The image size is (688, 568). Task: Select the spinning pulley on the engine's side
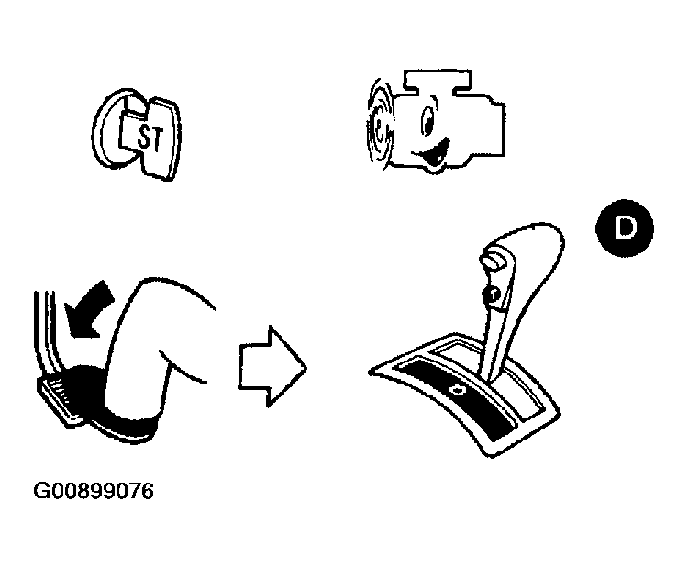pyautogui.click(x=379, y=124)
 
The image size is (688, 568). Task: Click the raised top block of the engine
pyautogui.click(x=438, y=82)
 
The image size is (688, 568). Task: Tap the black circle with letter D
pyautogui.click(x=625, y=228)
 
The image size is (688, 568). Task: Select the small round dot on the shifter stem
pyautogui.click(x=492, y=295)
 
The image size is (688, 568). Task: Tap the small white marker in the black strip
pyautogui.click(x=459, y=389)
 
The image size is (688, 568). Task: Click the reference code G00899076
pyautogui.click(x=94, y=491)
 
